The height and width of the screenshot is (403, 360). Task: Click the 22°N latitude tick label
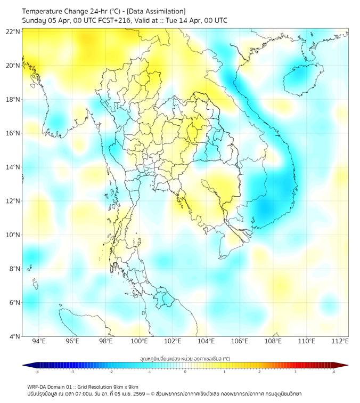coord(14,31)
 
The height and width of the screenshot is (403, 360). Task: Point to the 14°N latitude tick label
coord(14,167)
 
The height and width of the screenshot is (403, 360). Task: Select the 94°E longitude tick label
coord(39,341)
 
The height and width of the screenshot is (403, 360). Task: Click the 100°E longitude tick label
coord(140,341)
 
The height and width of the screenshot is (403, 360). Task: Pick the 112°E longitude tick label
coord(340,341)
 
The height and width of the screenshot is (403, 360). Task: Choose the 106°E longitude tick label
coord(240,341)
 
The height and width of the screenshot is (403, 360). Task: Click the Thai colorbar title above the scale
coord(185,358)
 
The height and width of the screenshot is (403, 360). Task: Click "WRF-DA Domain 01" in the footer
coord(48,386)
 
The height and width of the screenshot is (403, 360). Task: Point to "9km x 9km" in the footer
coord(125,386)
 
